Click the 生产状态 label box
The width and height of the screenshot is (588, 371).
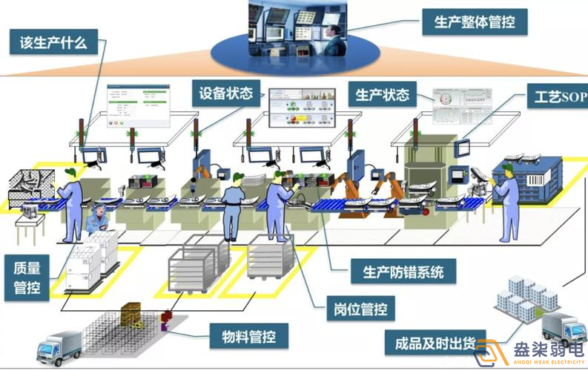click(383, 95)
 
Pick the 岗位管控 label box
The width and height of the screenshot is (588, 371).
click(360, 307)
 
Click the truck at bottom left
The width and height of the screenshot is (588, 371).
click(59, 346)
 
